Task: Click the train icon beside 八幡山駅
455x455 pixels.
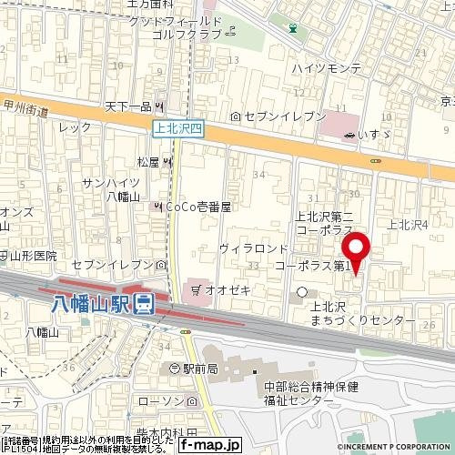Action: coord(143,303)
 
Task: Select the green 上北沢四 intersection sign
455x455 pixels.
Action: coord(179,129)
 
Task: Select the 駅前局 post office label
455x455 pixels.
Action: coord(199,369)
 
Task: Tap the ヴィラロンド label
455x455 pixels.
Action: coord(254,248)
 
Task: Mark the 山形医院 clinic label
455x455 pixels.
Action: coord(33,256)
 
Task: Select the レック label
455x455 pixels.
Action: coord(69,128)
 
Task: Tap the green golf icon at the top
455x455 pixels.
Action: coord(292,27)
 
